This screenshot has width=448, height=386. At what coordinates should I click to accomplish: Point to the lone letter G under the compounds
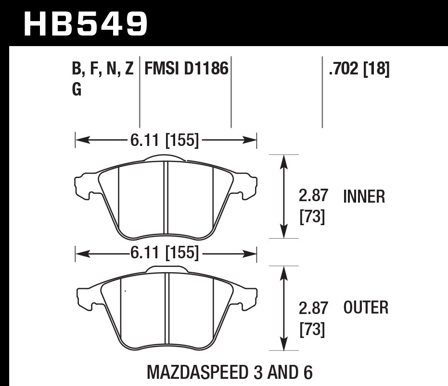pyautogui.click(x=77, y=90)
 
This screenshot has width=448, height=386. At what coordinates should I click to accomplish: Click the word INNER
pyautogui.click(x=364, y=197)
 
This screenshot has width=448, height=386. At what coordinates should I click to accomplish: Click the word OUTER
pyautogui.click(x=366, y=308)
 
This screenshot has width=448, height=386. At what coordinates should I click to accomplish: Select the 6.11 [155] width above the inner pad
pyautogui.click(x=164, y=140)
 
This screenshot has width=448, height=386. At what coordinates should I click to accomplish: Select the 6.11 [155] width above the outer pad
pyautogui.click(x=164, y=253)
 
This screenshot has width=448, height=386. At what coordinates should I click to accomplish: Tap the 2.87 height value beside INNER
pyautogui.click(x=313, y=196)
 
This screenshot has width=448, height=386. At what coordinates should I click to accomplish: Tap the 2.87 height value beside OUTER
pyautogui.click(x=313, y=307)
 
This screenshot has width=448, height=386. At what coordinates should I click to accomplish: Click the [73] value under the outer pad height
pyautogui.click(x=312, y=329)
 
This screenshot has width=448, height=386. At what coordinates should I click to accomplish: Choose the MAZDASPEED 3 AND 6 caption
pyautogui.click(x=229, y=372)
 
